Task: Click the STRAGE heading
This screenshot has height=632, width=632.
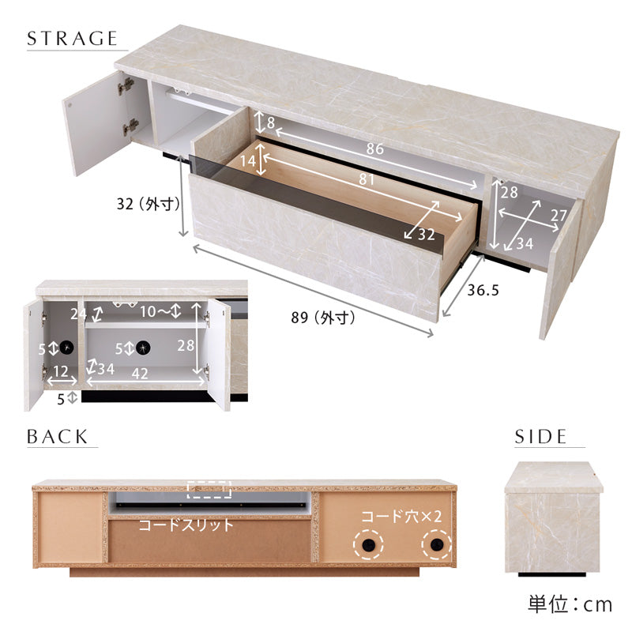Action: point(72,38)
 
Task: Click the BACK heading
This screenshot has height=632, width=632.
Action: point(57,437)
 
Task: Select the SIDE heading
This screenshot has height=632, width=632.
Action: point(540,437)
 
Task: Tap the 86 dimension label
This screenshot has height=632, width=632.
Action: point(374,149)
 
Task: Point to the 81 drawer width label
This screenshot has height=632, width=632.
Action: point(367,179)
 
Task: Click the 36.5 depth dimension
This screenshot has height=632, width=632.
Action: point(483,290)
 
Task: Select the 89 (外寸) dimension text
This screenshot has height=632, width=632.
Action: point(323,318)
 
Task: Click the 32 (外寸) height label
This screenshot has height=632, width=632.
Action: point(149,204)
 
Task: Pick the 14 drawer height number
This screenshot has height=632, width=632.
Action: point(248,161)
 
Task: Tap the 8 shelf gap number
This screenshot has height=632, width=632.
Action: point(271,122)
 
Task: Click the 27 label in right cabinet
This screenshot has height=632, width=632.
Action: point(559,215)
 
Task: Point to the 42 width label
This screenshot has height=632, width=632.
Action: point(140,373)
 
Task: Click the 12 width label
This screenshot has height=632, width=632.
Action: point(61,371)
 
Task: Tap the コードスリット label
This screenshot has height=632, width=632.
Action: point(186,525)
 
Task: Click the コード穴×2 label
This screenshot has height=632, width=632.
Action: point(402,517)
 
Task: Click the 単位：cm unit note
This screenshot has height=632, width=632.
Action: point(570,604)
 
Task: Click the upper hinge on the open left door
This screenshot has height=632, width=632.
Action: point(126,86)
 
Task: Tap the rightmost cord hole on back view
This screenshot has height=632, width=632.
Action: point(437,545)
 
